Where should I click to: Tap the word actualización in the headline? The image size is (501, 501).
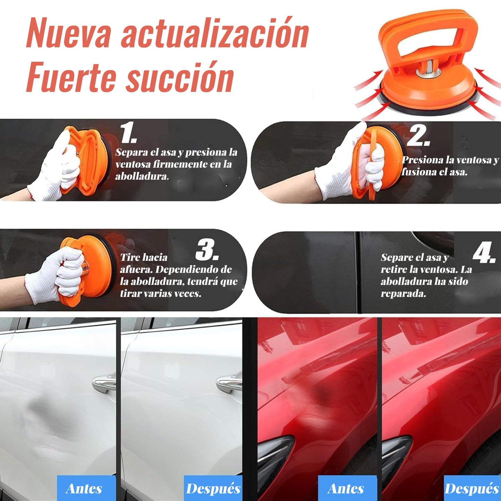click(215, 34)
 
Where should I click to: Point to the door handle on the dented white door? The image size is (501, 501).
click(104, 383)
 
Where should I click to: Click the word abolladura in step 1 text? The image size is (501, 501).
click(142, 176)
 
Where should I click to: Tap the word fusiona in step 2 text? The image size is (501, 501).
click(418, 172)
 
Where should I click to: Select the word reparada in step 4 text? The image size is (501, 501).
click(404, 294)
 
